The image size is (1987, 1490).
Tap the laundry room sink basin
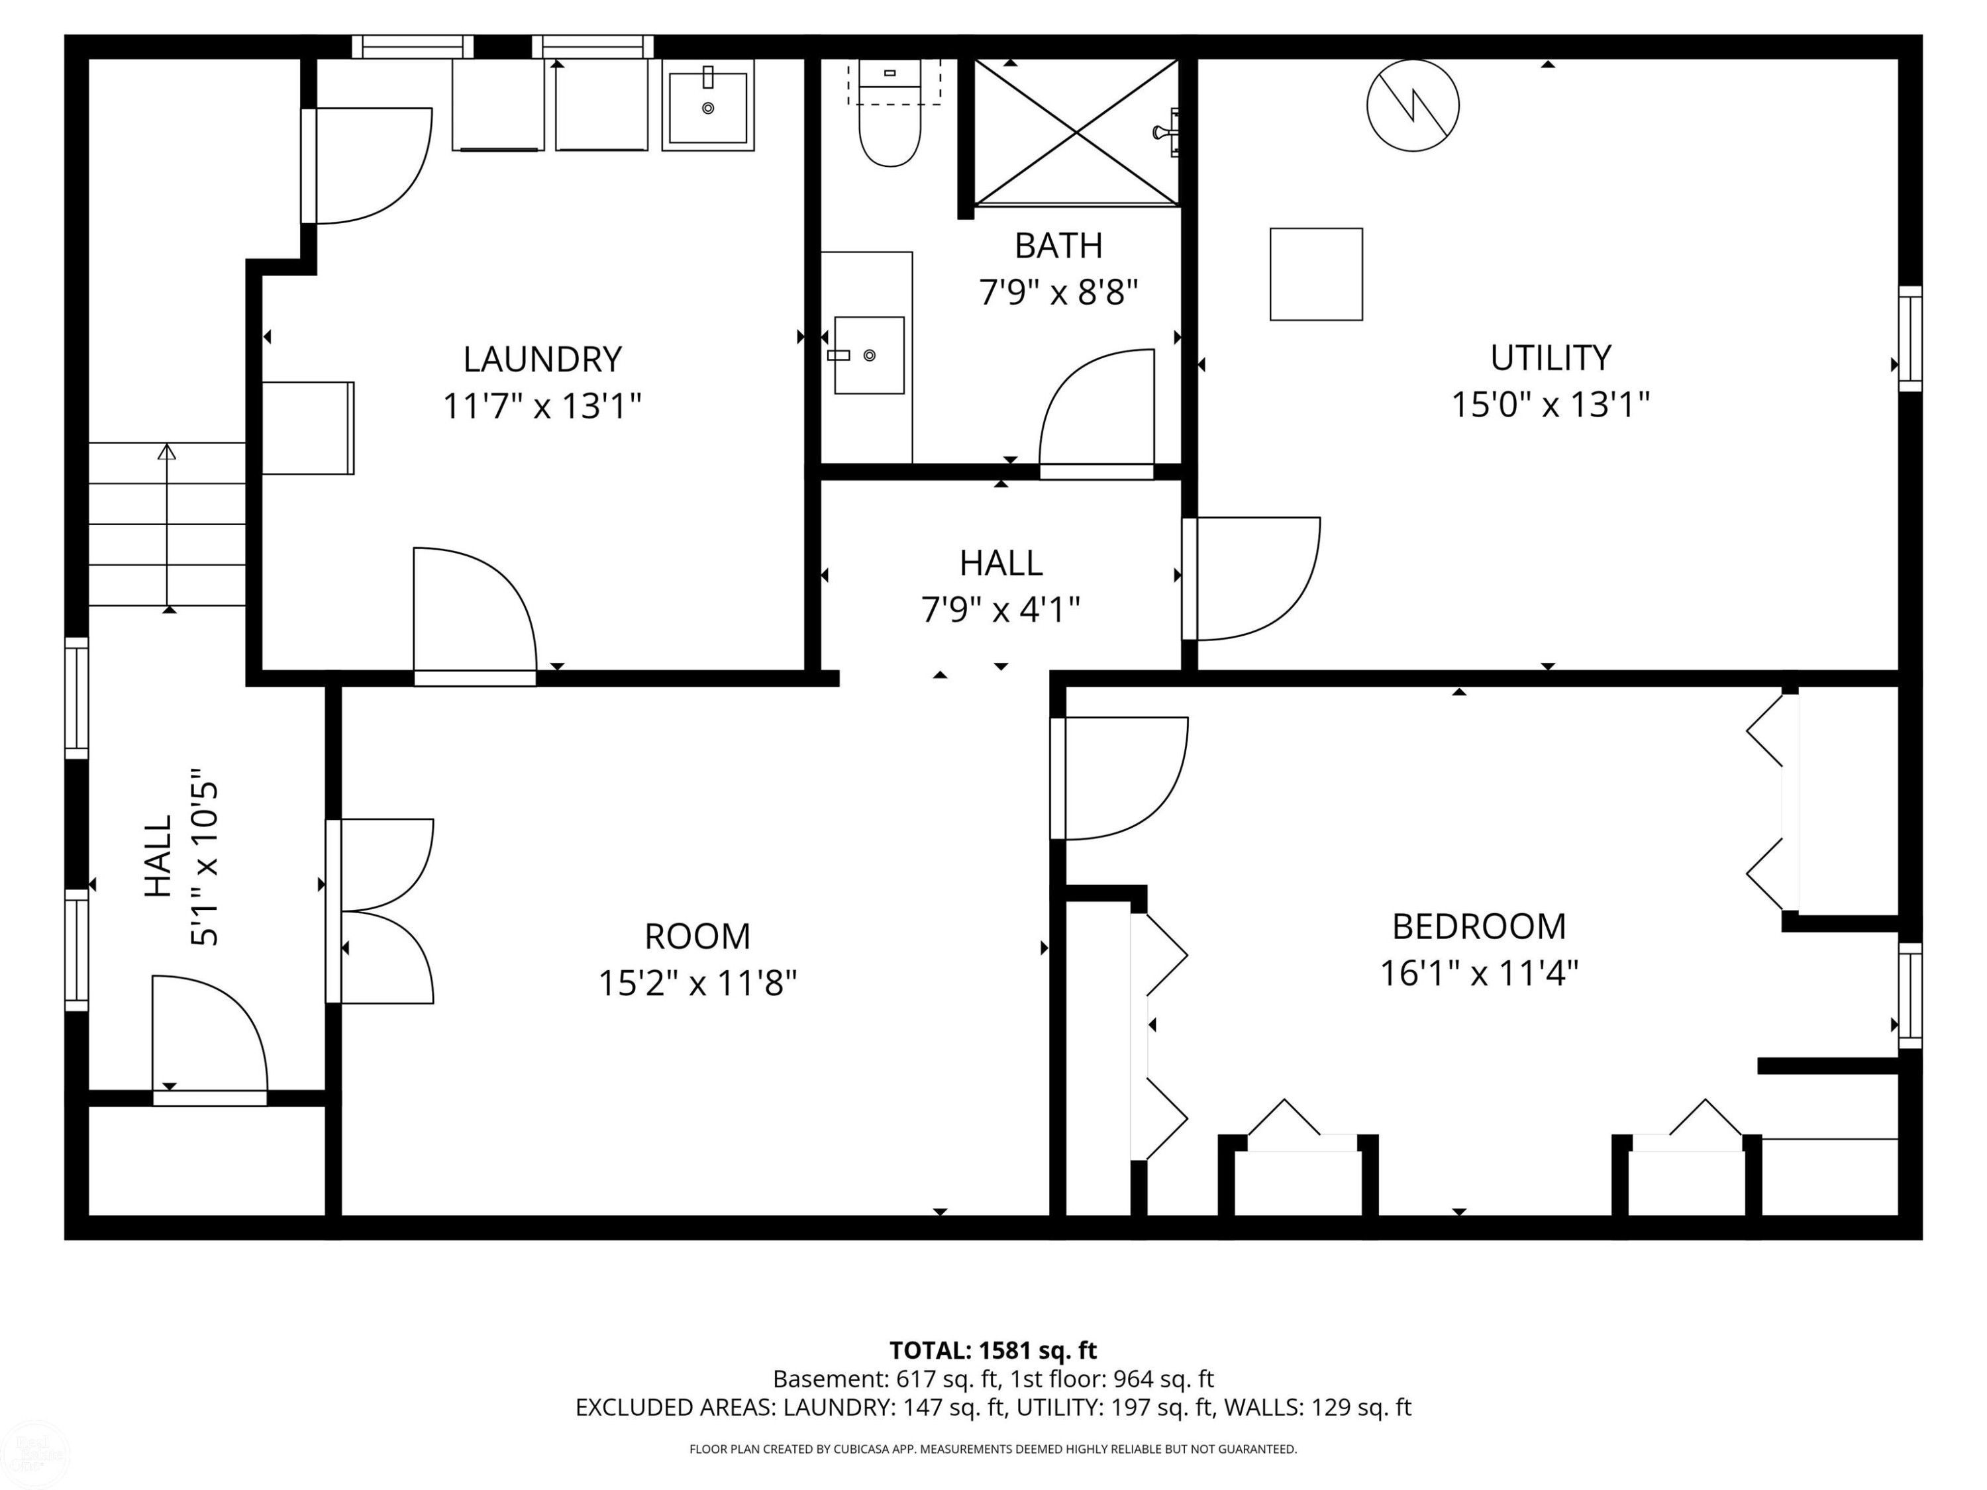(x=708, y=107)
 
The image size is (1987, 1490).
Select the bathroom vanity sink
(x=868, y=355)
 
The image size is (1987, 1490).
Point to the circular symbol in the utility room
(x=1413, y=105)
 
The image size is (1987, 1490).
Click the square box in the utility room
(x=1316, y=274)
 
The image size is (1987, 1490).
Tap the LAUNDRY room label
(x=542, y=359)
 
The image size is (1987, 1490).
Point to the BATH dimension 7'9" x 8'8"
(x=1058, y=292)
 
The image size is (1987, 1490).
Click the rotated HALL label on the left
(x=158, y=856)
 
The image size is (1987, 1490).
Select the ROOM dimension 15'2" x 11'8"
(x=697, y=983)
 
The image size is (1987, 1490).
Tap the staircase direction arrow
(x=167, y=525)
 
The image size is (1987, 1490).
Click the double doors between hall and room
(x=380, y=911)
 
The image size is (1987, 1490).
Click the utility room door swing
(x=1251, y=578)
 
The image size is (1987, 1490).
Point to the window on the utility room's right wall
(x=1910, y=338)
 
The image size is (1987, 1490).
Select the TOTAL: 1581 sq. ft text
(x=993, y=1350)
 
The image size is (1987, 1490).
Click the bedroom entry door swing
(x=1120, y=778)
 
